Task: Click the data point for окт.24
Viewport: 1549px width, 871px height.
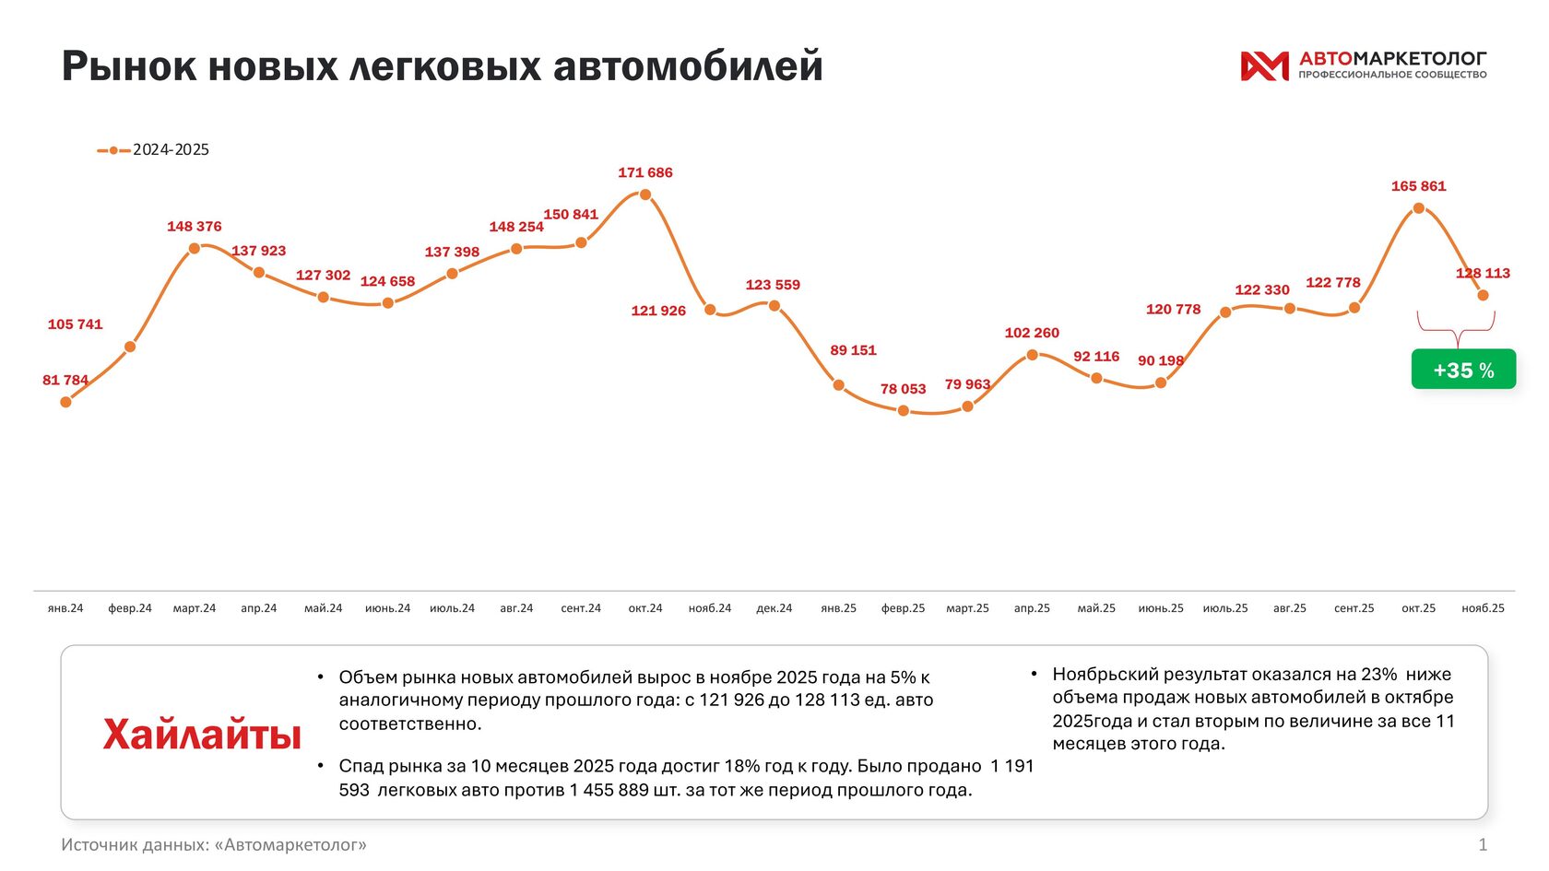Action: coord(645,194)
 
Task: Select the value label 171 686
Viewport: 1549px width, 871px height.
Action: coord(645,172)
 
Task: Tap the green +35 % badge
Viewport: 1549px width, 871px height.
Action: coord(1463,370)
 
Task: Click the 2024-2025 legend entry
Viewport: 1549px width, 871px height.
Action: coord(154,149)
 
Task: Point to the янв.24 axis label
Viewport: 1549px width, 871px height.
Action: coord(65,608)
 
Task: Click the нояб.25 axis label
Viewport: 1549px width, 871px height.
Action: coord(1483,608)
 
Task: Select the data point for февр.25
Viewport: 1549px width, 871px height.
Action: coord(904,411)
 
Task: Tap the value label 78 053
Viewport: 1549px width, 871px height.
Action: coord(903,389)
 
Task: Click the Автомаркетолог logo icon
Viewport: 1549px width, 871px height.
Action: coord(1264,65)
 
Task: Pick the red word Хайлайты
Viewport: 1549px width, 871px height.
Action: coord(202,735)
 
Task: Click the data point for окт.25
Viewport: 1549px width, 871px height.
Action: coord(1418,209)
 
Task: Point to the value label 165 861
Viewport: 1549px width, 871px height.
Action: coord(1418,186)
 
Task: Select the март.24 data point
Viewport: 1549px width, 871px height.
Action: coord(195,248)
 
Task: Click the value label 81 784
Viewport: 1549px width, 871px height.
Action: coord(65,380)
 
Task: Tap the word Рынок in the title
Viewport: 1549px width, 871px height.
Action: coord(128,66)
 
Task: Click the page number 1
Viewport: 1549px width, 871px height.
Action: coord(1483,844)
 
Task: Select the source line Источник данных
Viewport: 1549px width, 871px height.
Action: coord(214,844)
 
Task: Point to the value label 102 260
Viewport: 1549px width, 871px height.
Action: coord(1032,333)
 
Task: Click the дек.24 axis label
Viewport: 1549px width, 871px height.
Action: coord(774,608)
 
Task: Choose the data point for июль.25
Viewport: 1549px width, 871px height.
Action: coord(1225,312)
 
